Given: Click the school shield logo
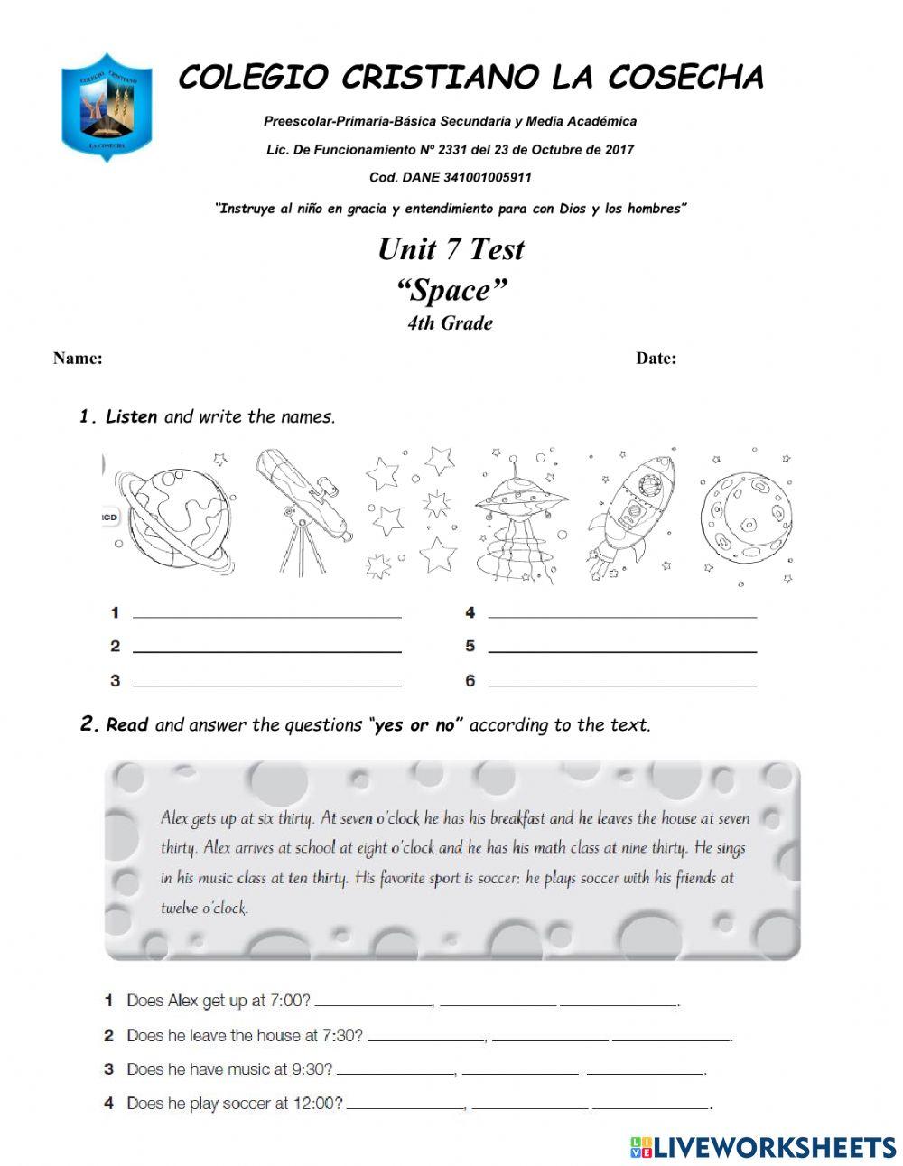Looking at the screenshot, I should pyautogui.click(x=107, y=107).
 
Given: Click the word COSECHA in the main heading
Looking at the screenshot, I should pyautogui.click(x=685, y=79).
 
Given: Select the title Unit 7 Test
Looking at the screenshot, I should pyautogui.click(x=451, y=249).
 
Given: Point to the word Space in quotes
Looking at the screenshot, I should pyautogui.click(x=451, y=291).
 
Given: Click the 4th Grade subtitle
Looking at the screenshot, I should pyautogui.click(x=450, y=323).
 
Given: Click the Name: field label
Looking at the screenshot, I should pyautogui.click(x=78, y=359).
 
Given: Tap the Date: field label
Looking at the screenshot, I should pyautogui.click(x=656, y=359).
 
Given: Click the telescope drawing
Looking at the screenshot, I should pyautogui.click(x=301, y=510).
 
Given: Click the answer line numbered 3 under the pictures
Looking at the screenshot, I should pyautogui.click(x=266, y=681).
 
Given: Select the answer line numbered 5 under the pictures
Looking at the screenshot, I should pyautogui.click(x=621, y=647).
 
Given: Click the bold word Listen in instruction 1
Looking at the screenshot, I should pyautogui.click(x=131, y=417).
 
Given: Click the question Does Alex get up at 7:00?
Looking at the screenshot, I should pyautogui.click(x=219, y=1001).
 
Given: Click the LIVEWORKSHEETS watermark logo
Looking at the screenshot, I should pyautogui.click(x=763, y=1147).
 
